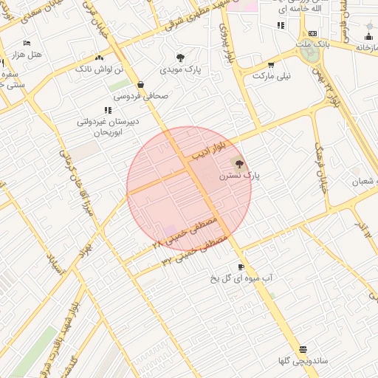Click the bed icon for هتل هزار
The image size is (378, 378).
click(27, 43)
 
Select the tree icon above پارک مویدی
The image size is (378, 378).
click(181, 57)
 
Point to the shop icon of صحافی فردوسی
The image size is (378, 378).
click(140, 85)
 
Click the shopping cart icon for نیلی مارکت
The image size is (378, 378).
click(271, 65)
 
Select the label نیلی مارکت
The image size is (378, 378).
click(272, 76)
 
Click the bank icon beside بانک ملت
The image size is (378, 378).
click(313, 33)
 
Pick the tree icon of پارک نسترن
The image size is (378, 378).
click(238, 163)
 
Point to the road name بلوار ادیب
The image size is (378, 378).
click(209, 152)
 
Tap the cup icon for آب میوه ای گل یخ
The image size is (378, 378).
click(241, 267)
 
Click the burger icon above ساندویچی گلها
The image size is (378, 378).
click(303, 349)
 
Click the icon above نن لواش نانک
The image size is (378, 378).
click(100, 57)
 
